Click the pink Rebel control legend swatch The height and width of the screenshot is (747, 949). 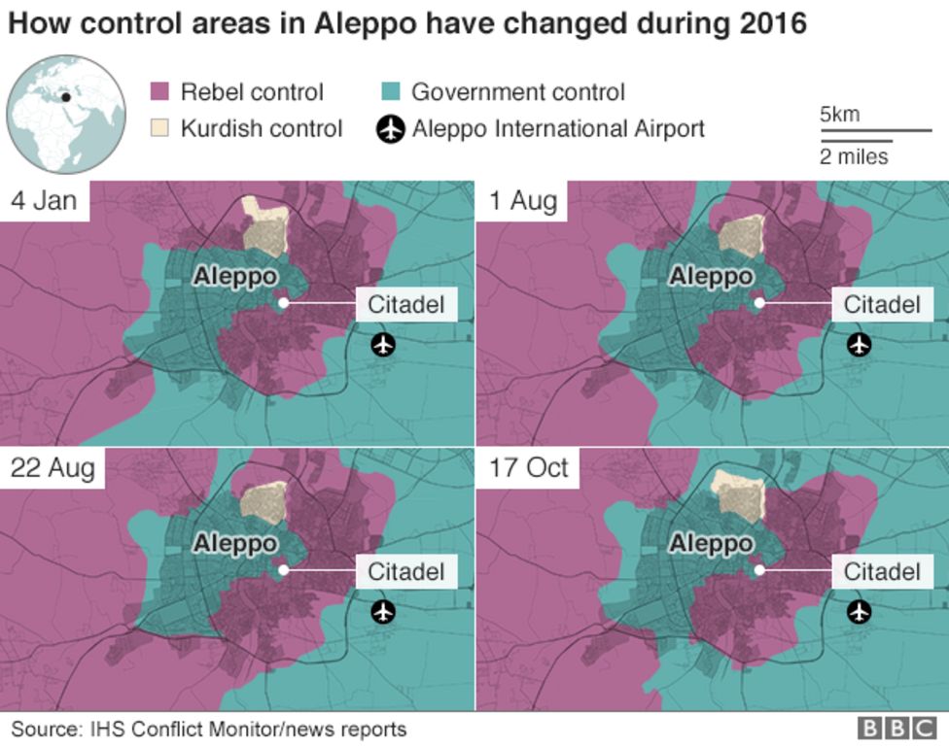tap(159, 92)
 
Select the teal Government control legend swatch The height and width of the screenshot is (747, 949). tap(390, 92)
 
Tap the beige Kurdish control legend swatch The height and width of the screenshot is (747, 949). tap(159, 128)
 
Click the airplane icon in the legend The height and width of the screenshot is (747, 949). tap(391, 128)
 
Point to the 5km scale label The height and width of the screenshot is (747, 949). tap(839, 115)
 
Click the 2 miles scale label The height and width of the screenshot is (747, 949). tap(854, 156)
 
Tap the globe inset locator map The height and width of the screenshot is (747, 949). tap(66, 115)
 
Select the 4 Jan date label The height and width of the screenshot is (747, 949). tap(45, 201)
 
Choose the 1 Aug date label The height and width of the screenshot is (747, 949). tap(523, 201)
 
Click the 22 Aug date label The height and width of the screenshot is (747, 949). tap(53, 468)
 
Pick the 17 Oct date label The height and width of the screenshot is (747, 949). tap(528, 468)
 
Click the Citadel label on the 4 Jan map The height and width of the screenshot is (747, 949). tap(405, 304)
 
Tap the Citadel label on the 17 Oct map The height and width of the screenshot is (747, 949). tap(882, 571)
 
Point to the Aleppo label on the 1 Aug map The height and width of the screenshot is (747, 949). tap(711, 277)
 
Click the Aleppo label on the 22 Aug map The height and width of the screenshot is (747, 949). tap(234, 543)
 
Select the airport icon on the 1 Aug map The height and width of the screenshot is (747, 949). tap(859, 344)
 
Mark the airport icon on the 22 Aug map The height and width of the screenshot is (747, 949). tap(384, 611)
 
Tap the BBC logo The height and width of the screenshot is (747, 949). tap(896, 729)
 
